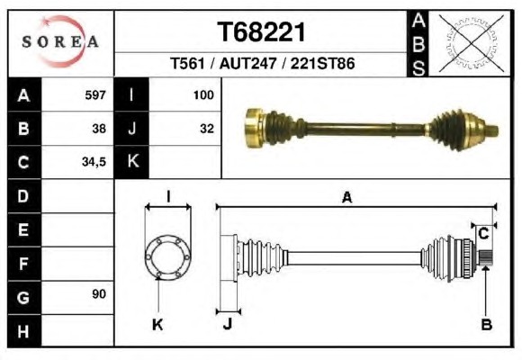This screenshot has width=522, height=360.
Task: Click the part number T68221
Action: (261, 32)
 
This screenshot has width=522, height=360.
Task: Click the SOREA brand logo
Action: (60, 41)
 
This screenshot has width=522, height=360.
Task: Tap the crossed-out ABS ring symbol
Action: (471, 43)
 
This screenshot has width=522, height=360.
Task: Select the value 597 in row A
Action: (95, 95)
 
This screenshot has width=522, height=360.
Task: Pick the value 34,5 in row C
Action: (94, 162)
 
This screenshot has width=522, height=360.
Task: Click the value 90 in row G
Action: (99, 294)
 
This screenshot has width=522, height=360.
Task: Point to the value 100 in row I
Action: (203, 95)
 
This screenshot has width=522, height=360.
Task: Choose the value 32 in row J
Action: (207, 129)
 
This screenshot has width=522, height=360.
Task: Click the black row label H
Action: (24, 331)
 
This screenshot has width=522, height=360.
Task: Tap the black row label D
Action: (24, 196)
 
